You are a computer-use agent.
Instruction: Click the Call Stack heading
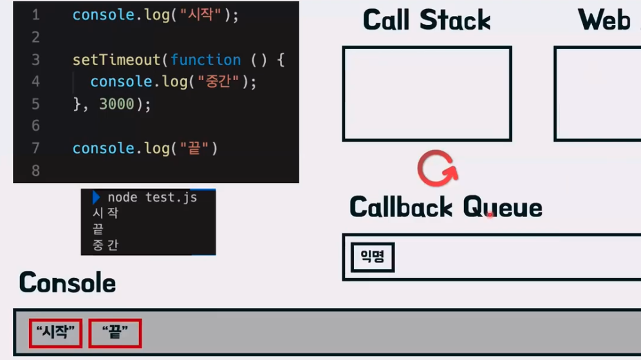coord(427,21)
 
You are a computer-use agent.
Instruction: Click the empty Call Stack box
coord(427,93)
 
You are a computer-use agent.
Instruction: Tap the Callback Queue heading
coord(445,207)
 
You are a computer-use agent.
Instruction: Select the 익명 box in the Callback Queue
coord(373,258)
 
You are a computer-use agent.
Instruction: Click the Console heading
coord(67,283)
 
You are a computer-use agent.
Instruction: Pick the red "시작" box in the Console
coord(56,334)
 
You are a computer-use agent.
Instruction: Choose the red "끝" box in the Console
coord(115,334)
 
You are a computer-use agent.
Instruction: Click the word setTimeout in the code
coord(116,60)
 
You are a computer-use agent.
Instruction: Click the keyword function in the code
coord(205,60)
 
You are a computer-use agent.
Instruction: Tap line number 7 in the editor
coord(35,148)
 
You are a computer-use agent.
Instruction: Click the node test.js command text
coord(152,198)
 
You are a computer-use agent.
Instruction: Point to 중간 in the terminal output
coord(106,245)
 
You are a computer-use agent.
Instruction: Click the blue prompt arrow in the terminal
coord(96,197)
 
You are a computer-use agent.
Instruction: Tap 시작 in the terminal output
coord(106,213)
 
